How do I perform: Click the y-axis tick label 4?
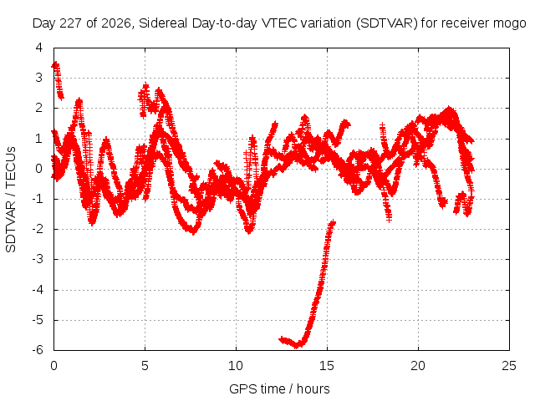coord(39,48)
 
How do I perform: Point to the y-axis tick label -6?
coord(38,350)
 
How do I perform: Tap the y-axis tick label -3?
coord(38,259)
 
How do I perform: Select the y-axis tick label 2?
coord(39,108)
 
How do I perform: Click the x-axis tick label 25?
coord(509,366)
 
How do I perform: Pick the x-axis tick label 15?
coord(327,366)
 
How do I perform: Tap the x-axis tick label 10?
coord(236,366)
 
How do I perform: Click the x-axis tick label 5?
coord(145,366)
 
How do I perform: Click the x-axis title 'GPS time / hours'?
coord(279,388)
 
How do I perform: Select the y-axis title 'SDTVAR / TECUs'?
coord(11,200)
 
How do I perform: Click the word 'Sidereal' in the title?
coord(163,23)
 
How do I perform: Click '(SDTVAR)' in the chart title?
coord(387,23)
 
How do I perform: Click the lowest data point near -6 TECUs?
coord(296,345)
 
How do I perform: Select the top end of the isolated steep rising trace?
coord(333,223)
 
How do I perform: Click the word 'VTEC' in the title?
coord(275,23)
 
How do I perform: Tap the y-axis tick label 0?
coord(39,169)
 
